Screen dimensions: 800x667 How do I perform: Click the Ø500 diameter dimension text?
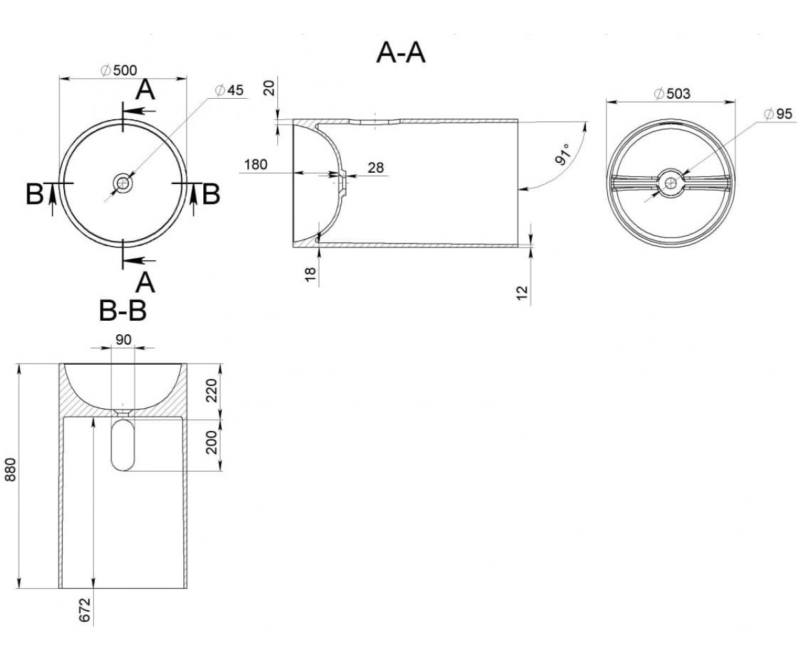[x=119, y=71]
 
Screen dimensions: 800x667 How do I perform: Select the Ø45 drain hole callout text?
[x=229, y=90]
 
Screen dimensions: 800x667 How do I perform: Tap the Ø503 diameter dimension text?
[x=672, y=93]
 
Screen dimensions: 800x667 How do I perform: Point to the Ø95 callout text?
[x=777, y=114]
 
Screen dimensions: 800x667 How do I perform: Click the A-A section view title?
[x=401, y=53]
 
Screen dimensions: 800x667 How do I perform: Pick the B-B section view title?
[x=123, y=311]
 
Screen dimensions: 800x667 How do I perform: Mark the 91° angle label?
[x=563, y=155]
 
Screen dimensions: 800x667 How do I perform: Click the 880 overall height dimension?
[x=11, y=469]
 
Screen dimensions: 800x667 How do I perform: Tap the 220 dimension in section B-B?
[x=211, y=391]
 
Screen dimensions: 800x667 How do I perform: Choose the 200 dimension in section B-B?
[x=211, y=442]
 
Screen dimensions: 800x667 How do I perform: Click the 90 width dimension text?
[x=123, y=340]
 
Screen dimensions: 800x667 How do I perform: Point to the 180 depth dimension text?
[x=255, y=165]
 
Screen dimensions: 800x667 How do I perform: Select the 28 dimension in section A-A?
[x=375, y=167]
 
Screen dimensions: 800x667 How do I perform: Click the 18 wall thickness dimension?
[x=311, y=274]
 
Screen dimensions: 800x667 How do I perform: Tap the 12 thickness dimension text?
[x=522, y=293]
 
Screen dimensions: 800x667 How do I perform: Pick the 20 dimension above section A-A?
[x=270, y=88]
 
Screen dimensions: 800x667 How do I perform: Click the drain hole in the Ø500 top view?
[x=123, y=183]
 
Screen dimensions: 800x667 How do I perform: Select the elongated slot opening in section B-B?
[x=123, y=445]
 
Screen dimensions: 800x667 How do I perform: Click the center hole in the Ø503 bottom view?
[x=671, y=183]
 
